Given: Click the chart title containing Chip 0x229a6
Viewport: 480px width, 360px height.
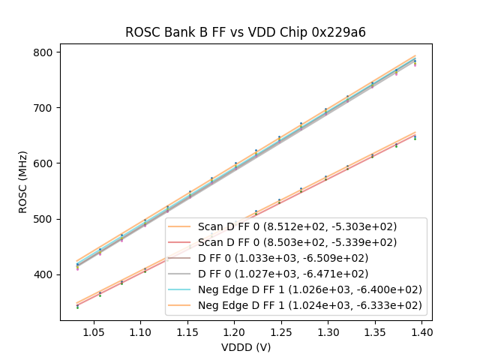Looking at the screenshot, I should click(x=245, y=32).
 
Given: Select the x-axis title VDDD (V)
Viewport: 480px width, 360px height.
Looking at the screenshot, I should click(x=245, y=347).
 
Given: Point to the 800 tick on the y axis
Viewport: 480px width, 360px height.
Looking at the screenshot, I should click(x=44, y=52).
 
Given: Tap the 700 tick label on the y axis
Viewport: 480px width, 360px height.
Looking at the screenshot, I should click(x=44, y=108).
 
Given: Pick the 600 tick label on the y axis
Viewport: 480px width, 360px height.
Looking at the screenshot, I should click(x=44, y=163).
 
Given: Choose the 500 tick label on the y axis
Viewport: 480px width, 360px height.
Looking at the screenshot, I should click(x=44, y=219).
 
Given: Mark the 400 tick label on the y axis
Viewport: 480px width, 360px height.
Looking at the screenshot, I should click(x=44, y=274).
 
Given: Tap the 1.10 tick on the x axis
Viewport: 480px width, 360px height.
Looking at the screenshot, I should click(x=140, y=331).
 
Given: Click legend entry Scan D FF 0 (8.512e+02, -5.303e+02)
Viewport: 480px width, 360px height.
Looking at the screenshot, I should click(x=297, y=226).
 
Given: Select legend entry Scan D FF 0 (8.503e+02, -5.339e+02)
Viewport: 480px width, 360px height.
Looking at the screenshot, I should click(x=297, y=242).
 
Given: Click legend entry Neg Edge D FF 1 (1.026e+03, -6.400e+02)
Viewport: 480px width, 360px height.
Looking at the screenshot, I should click(x=297, y=289).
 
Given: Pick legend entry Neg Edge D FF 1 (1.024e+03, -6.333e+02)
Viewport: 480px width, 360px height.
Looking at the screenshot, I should click(x=297, y=305).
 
